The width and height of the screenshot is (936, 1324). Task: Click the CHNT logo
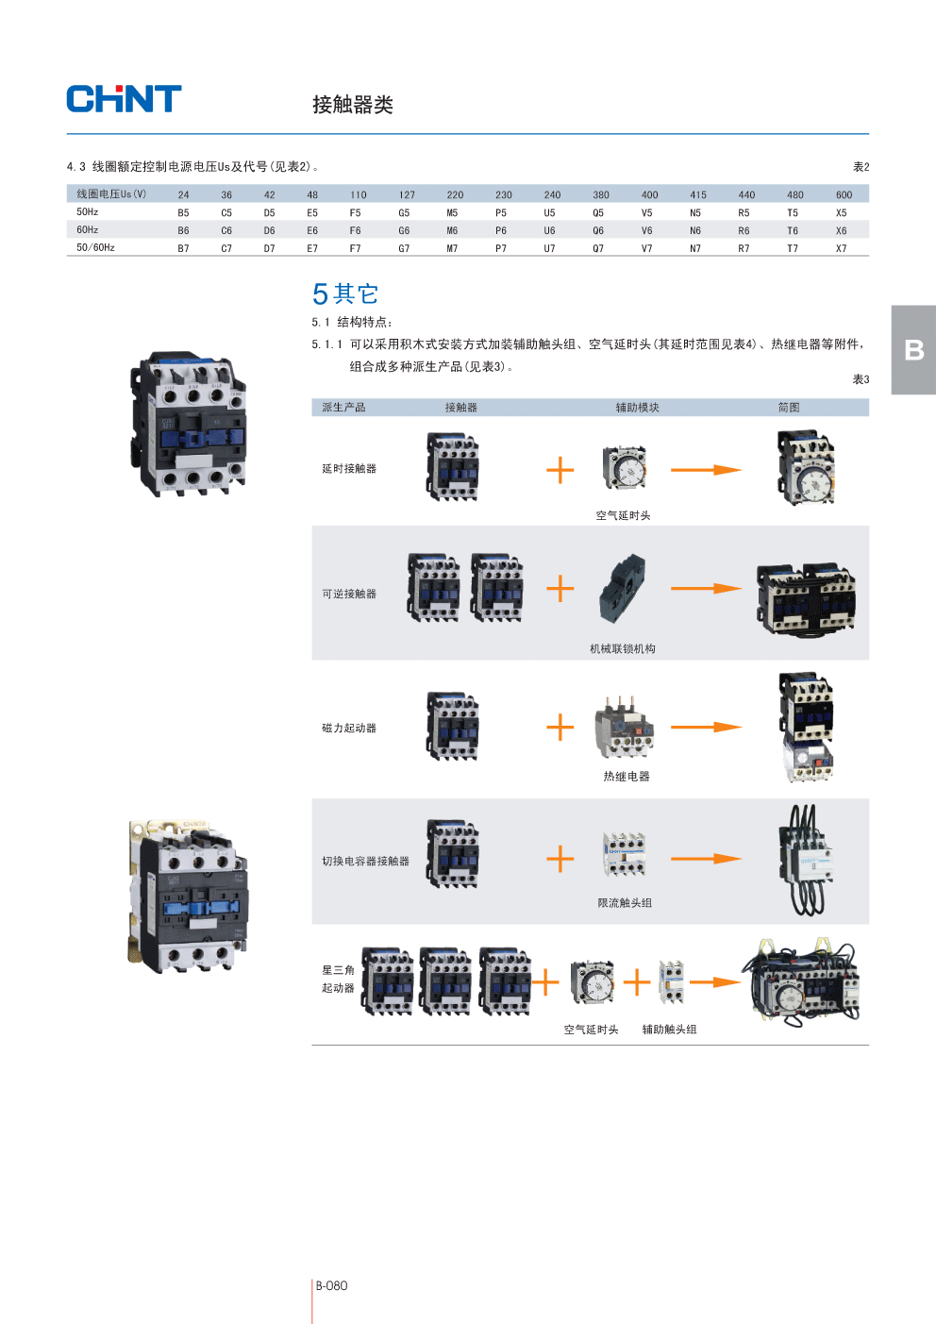click(x=124, y=99)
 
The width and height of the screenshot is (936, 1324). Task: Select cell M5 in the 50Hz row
click(x=452, y=213)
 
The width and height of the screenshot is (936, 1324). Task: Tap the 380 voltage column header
click(x=601, y=195)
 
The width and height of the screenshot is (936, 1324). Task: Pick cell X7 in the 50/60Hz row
click(x=841, y=249)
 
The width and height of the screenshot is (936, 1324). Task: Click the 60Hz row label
click(x=88, y=230)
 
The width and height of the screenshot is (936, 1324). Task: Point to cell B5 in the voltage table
click(x=183, y=213)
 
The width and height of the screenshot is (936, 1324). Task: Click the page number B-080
click(x=331, y=1286)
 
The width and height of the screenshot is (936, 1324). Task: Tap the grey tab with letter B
click(x=913, y=350)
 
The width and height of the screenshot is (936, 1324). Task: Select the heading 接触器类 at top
click(x=353, y=105)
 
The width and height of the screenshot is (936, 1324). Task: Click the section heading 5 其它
click(x=345, y=294)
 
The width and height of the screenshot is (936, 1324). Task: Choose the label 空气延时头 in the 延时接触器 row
click(x=623, y=516)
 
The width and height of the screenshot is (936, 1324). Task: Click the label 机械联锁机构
click(x=623, y=649)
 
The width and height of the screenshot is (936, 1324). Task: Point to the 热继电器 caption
click(x=627, y=777)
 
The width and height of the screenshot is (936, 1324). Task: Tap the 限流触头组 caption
click(x=625, y=903)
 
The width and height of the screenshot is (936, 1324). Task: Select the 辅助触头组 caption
click(x=669, y=1030)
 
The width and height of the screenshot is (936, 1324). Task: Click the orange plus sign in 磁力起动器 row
click(x=560, y=728)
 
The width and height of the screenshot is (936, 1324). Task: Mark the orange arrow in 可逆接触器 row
click(x=706, y=589)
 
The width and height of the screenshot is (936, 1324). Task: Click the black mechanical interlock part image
click(x=623, y=588)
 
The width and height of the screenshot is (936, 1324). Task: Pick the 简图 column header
click(x=789, y=408)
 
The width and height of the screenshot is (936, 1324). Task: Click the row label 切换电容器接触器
click(x=365, y=862)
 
